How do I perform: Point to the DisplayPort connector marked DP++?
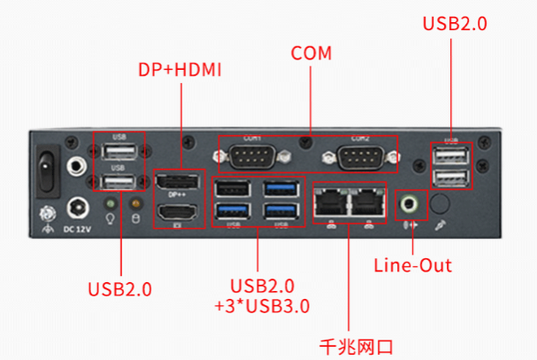pos(180,184)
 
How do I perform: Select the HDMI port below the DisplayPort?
pos(180,212)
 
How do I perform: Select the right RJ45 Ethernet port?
pos(367,203)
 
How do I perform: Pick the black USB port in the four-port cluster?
pos(234,189)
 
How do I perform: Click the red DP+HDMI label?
pos(180,67)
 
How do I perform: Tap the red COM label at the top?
pos(311,54)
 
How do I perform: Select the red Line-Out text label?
pos(412,265)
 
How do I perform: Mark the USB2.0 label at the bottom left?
pos(120,289)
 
